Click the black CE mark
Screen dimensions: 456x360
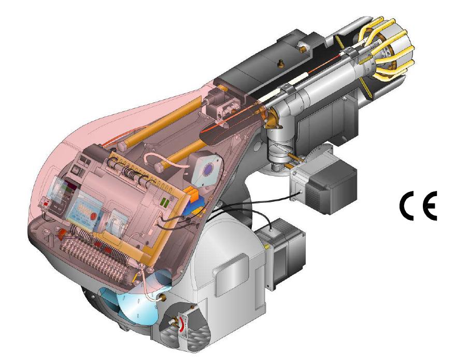point(418,205)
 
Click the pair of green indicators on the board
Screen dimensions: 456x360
point(165,202)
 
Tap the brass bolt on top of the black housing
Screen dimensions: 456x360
point(281,63)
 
